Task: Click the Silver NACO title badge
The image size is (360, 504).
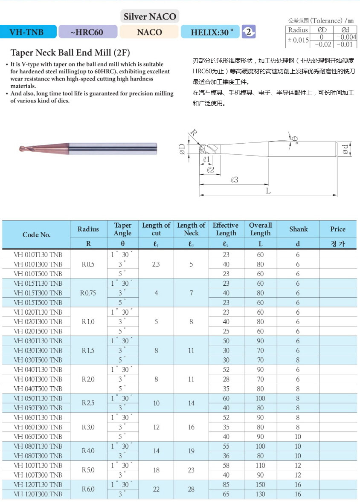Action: (150, 17)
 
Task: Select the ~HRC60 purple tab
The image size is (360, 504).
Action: (87, 32)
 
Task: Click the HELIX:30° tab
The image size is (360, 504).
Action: (210, 32)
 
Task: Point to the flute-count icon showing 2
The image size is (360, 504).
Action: (248, 32)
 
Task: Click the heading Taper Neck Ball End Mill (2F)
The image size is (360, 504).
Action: (70, 53)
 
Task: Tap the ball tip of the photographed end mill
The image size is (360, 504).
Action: (22, 149)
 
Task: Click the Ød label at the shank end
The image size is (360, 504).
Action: (345, 149)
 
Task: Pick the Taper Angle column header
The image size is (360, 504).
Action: (122, 229)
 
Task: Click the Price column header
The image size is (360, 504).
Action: (337, 229)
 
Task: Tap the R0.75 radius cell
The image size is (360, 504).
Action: (88, 293)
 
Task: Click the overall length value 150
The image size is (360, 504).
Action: (260, 484)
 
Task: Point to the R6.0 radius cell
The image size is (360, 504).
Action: (88, 489)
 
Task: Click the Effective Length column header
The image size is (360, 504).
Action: (226, 229)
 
